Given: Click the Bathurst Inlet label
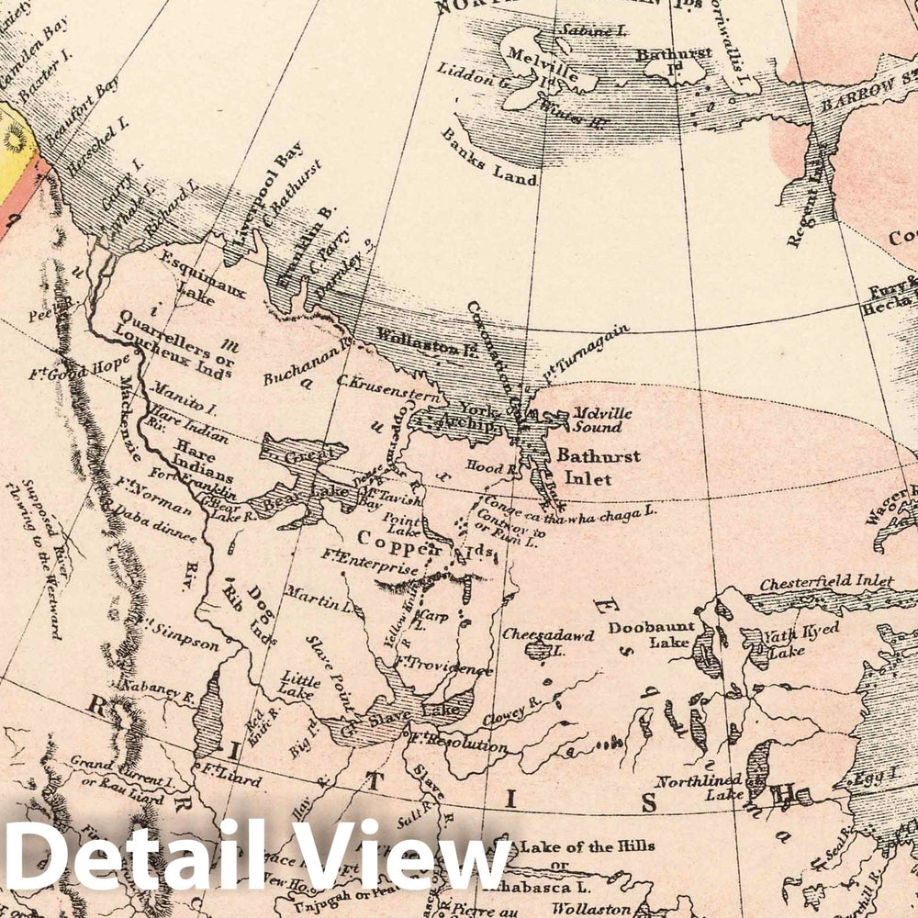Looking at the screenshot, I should point(598,466).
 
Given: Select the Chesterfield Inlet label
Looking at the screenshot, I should point(826,581).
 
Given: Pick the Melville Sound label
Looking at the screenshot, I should point(598,420).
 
